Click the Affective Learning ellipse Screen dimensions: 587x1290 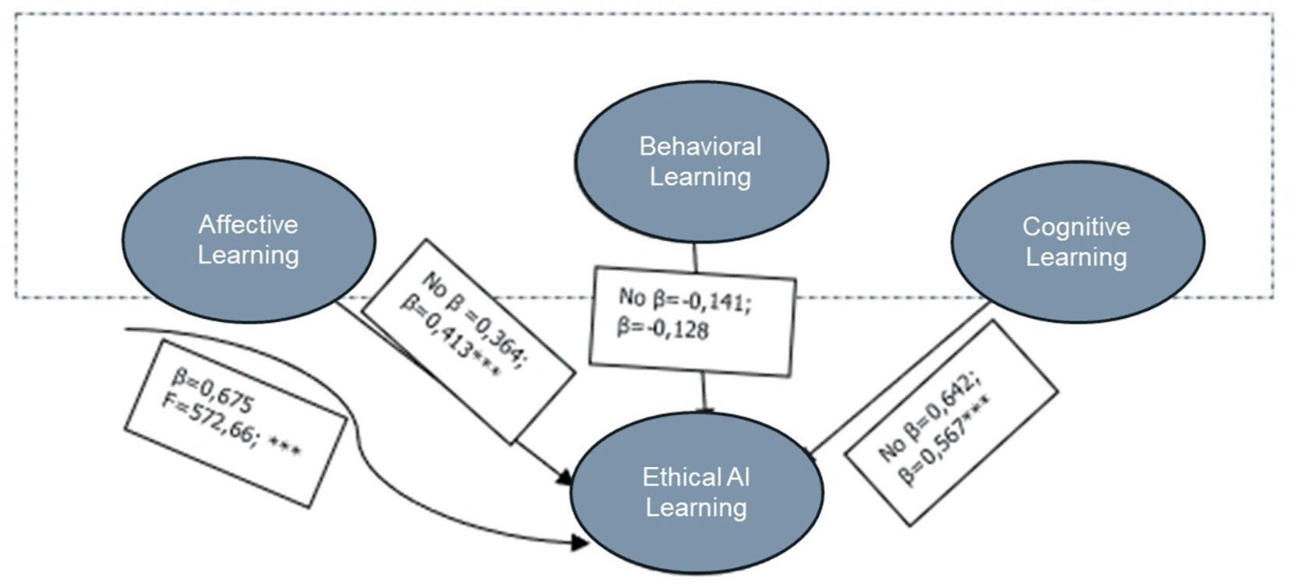click(x=248, y=239)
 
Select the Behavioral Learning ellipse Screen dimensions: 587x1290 click(x=701, y=161)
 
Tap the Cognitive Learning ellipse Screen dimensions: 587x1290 click(x=1077, y=242)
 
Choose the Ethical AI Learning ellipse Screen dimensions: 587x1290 click(x=696, y=492)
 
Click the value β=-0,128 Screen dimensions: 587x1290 click(x=663, y=328)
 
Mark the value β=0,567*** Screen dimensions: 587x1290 click(x=944, y=440)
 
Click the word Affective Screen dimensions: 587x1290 click(x=248, y=225)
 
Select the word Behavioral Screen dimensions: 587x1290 click(x=700, y=147)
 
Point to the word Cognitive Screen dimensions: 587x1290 click(x=1076, y=227)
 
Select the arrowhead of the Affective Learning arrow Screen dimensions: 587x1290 click(x=564, y=475)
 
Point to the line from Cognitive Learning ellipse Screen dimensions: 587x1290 click(x=897, y=378)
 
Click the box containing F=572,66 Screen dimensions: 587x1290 click(x=235, y=423)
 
